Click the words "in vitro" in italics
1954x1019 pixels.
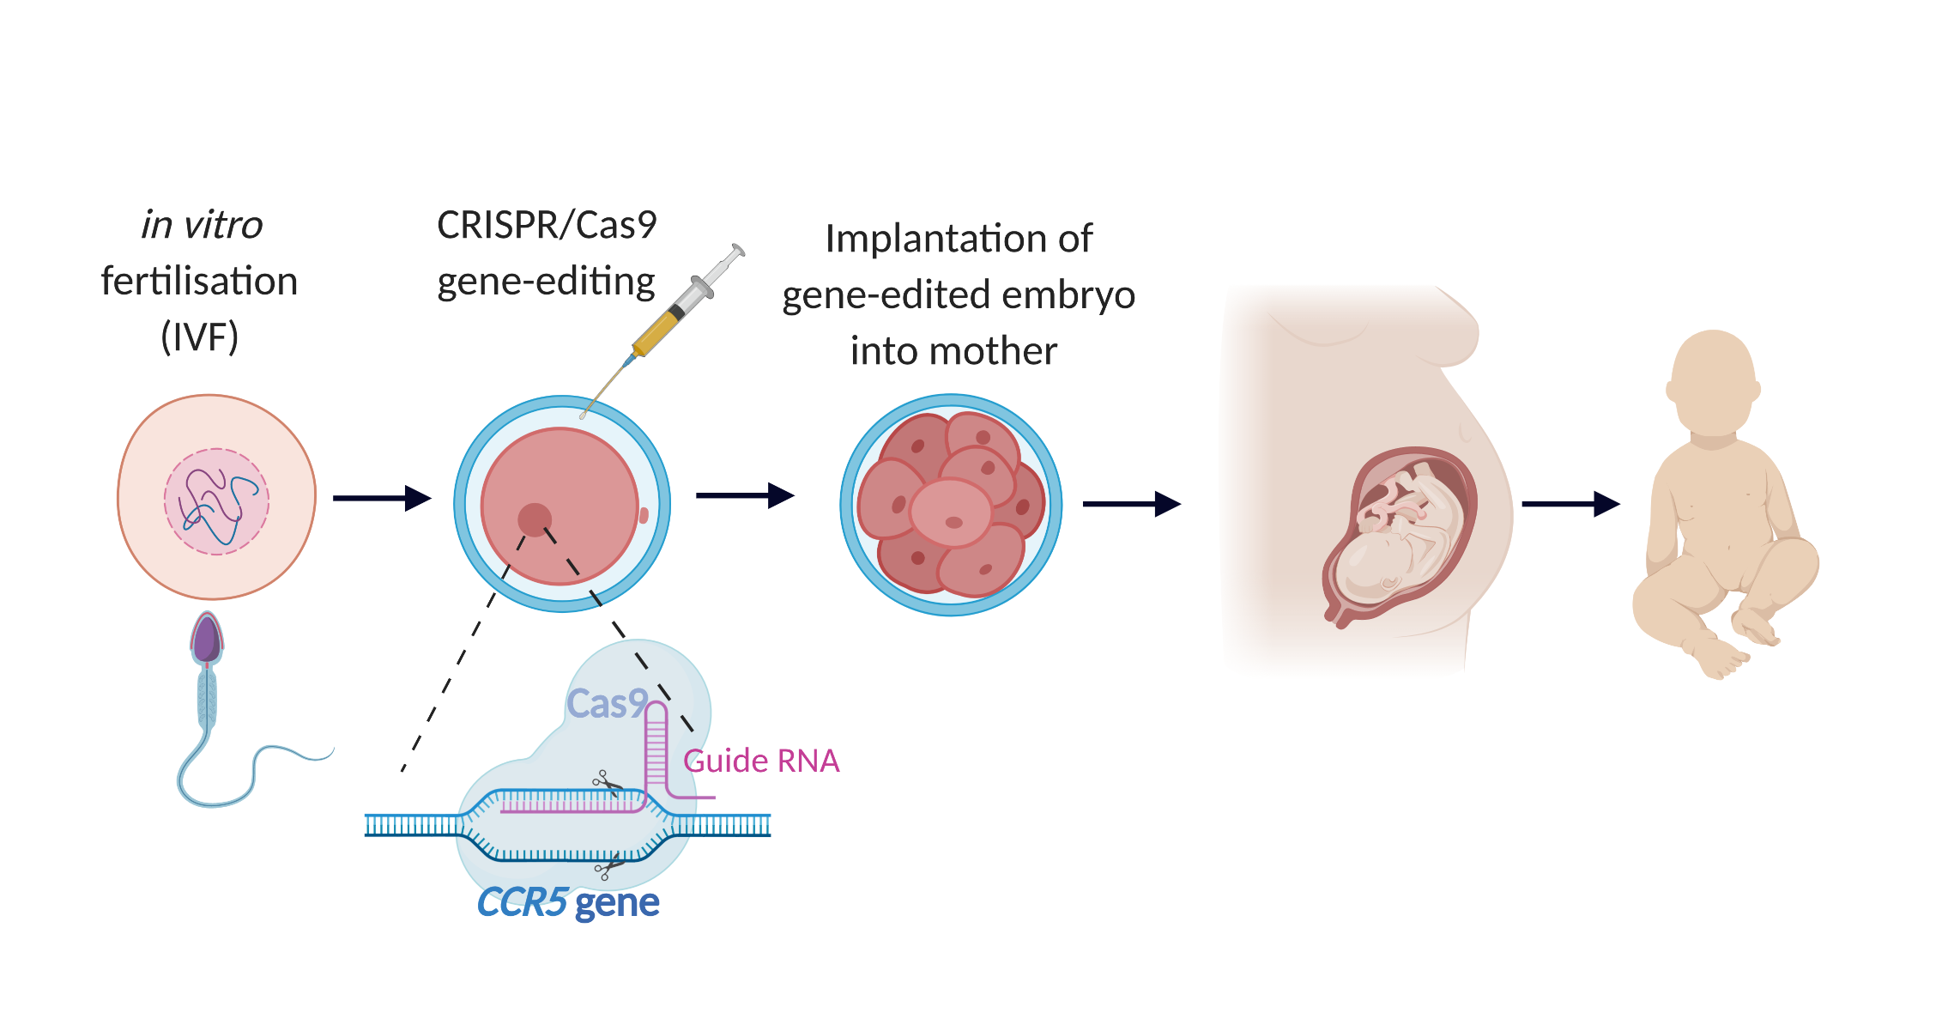tap(202, 225)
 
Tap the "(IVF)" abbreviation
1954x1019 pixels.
tap(199, 337)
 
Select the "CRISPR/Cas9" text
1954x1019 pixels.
tap(547, 225)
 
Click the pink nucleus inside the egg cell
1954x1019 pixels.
tap(216, 501)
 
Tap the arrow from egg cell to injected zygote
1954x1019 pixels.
tap(381, 498)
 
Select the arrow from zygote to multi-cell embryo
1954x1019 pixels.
tap(744, 495)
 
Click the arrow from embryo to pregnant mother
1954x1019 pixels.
tap(1131, 504)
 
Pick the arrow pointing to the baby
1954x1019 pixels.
tap(1570, 504)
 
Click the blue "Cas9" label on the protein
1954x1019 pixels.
tap(607, 704)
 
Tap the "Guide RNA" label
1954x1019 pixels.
tap(761, 761)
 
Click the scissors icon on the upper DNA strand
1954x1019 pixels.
tap(607, 783)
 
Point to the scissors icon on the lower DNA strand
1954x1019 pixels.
tap(608, 867)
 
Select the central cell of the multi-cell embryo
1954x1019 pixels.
tap(950, 513)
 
